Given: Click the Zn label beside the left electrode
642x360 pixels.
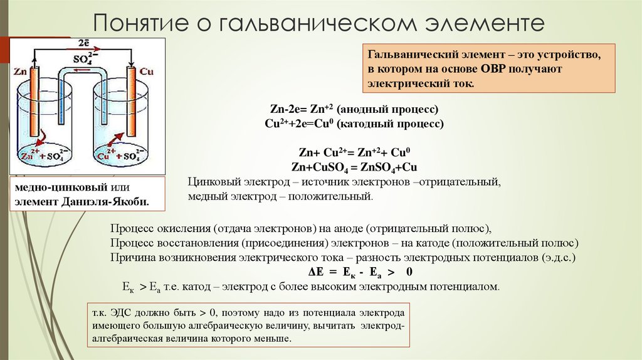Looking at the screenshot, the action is [20, 71].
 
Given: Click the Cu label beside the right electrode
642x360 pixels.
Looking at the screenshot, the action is [146, 71].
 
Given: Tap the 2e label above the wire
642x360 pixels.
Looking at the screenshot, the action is [84, 43].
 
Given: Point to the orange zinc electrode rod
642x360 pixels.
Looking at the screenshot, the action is [33, 102].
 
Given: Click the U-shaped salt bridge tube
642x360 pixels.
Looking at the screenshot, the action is [82, 71].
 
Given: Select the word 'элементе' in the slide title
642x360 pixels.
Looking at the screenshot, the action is [485, 23].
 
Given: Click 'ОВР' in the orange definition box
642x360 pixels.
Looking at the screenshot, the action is [493, 69].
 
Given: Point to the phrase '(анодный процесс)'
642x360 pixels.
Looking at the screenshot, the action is [387, 109].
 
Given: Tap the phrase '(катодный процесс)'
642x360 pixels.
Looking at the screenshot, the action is [390, 124].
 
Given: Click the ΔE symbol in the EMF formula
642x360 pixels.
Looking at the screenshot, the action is [316, 272].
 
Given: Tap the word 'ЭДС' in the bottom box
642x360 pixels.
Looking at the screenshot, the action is [121, 313].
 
